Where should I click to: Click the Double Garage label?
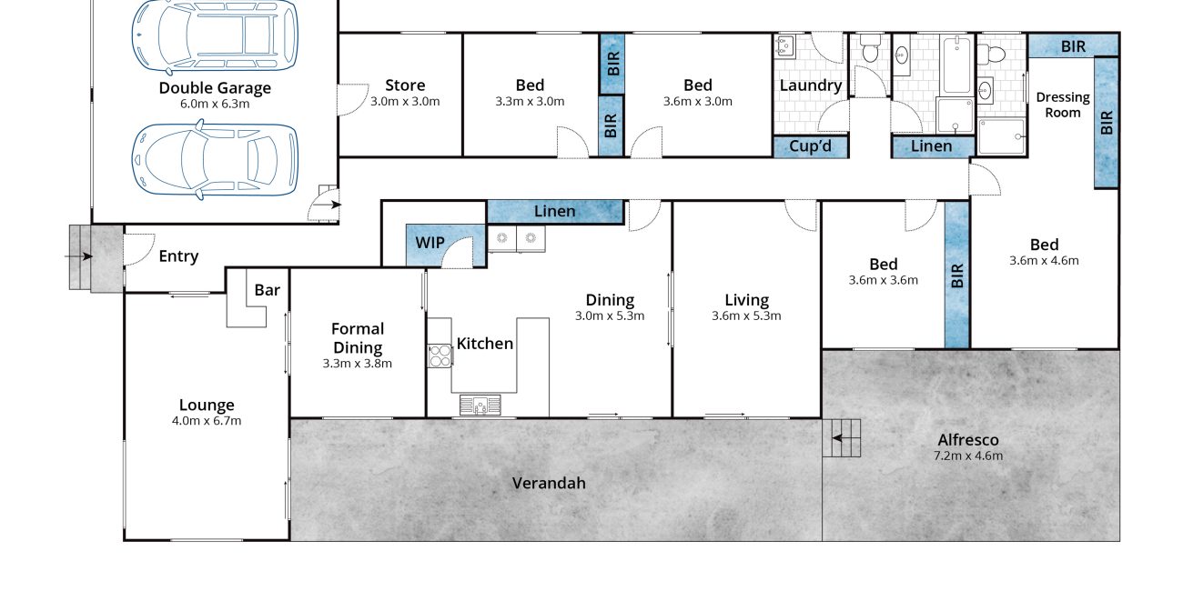pyautogui.click(x=215, y=88)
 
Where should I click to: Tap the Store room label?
pyautogui.click(x=405, y=85)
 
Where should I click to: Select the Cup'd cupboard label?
pyautogui.click(x=810, y=146)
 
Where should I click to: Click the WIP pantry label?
pyautogui.click(x=430, y=243)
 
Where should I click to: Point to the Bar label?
pyautogui.click(x=268, y=290)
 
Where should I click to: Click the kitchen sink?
pyautogui.click(x=480, y=406)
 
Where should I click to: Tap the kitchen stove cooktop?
pyautogui.click(x=440, y=356)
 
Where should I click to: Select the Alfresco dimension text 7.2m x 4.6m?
pyautogui.click(x=968, y=456)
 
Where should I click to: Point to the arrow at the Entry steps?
pyautogui.click(x=78, y=257)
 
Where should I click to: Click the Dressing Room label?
pyautogui.click(x=1063, y=105)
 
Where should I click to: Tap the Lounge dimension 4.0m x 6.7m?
pyautogui.click(x=207, y=421)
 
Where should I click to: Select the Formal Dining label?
pyautogui.click(x=358, y=338)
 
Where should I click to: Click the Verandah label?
pyautogui.click(x=549, y=484)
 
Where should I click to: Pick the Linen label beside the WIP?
pyautogui.click(x=554, y=211)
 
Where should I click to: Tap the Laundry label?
pyautogui.click(x=811, y=85)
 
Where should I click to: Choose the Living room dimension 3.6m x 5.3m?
pyautogui.click(x=746, y=316)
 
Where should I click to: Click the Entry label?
pyautogui.click(x=178, y=256)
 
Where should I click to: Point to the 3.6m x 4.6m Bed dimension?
pyautogui.click(x=1044, y=261)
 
